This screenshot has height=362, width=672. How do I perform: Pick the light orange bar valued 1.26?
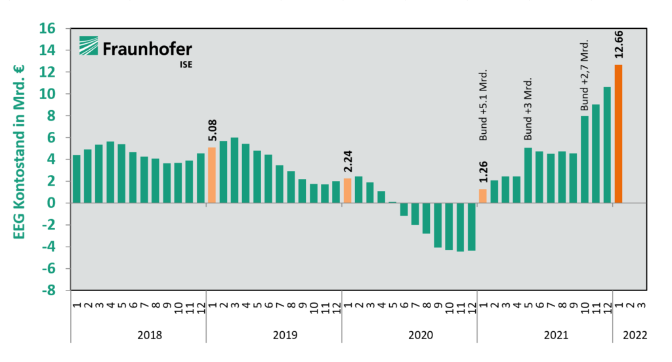(x=483, y=196)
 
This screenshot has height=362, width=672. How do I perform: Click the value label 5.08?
(x=212, y=131)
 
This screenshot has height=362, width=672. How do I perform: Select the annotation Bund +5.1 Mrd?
(x=484, y=105)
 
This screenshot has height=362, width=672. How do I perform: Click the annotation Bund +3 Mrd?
(x=528, y=109)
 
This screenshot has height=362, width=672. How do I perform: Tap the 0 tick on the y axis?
(x=59, y=203)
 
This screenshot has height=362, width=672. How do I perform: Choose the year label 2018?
(x=150, y=335)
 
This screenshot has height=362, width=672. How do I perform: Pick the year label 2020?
(x=421, y=335)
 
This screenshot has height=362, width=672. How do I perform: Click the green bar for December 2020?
(x=471, y=227)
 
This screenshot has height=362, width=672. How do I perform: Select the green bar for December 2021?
(x=607, y=145)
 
